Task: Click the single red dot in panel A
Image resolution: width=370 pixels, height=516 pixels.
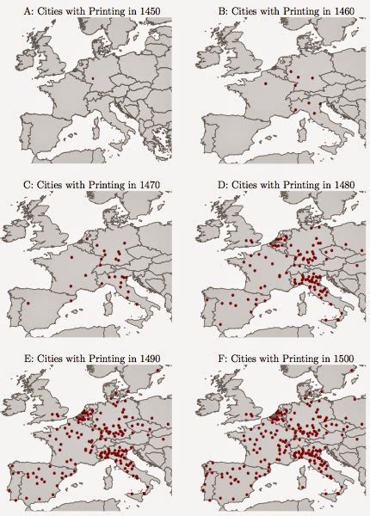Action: pyautogui.click(x=92, y=79)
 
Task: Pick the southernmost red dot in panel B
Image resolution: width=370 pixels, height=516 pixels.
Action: pyautogui.click(x=315, y=112)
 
